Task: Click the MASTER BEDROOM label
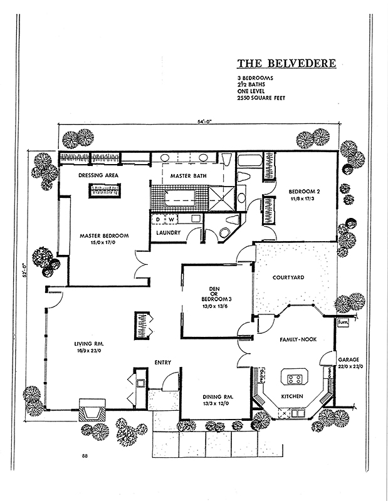104,235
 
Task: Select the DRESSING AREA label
99,175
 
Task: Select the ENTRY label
162,362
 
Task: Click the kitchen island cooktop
293,378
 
